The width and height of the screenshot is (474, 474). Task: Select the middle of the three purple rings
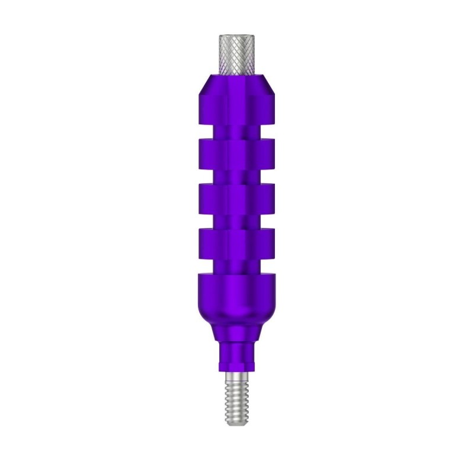(x=237, y=200)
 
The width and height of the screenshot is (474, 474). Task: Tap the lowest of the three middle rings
(x=237, y=244)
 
